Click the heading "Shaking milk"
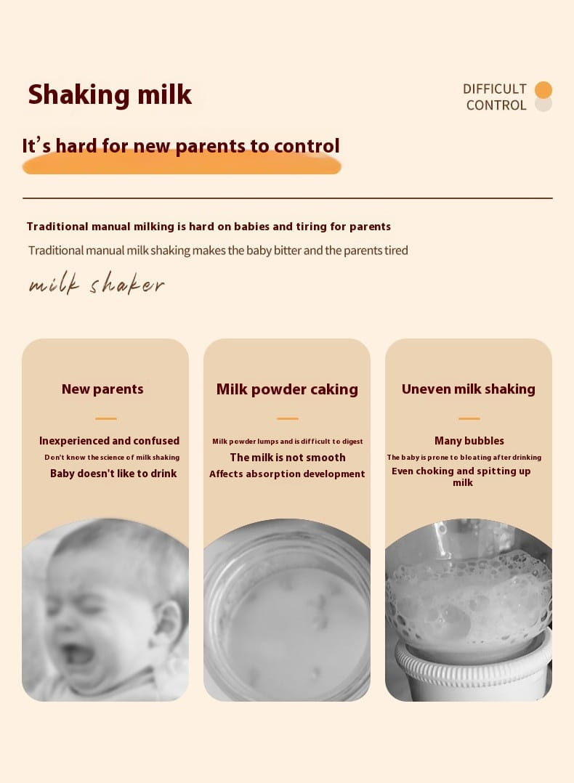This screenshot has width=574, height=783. click(110, 94)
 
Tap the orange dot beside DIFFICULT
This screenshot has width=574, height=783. click(543, 90)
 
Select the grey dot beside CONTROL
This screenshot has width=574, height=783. click(543, 105)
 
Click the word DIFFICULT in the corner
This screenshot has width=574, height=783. click(495, 89)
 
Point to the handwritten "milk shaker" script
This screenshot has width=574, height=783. click(97, 284)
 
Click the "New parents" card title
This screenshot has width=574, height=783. click(102, 389)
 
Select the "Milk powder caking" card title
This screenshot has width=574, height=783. click(287, 389)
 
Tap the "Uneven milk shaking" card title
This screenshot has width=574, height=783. click(468, 389)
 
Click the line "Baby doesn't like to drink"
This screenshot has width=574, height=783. click(113, 474)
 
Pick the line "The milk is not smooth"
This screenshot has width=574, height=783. click(288, 458)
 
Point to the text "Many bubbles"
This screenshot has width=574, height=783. click(469, 440)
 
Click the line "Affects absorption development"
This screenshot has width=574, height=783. click(287, 474)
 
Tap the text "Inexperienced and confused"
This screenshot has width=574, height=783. click(110, 440)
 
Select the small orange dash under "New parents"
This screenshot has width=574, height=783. click(106, 418)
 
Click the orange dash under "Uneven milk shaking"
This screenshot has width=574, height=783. click(469, 418)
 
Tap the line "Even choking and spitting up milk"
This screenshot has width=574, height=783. click(461, 476)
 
